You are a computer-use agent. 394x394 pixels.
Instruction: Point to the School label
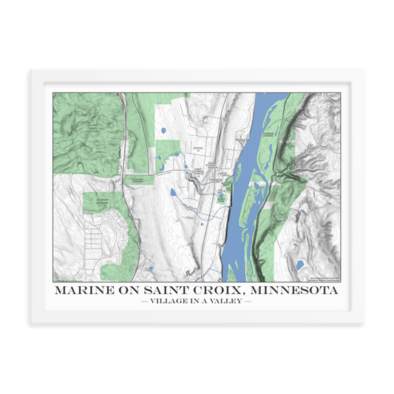click(197, 148)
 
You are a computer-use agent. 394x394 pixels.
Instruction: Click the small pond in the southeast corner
click(299, 264)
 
